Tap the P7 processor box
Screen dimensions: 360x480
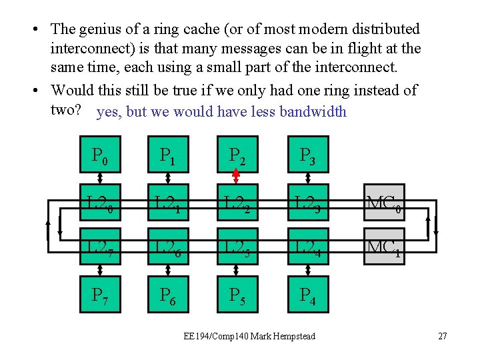point(99,295)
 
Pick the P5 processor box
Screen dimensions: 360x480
point(237,295)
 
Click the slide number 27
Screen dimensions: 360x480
point(443,336)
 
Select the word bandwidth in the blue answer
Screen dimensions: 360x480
point(313,111)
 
